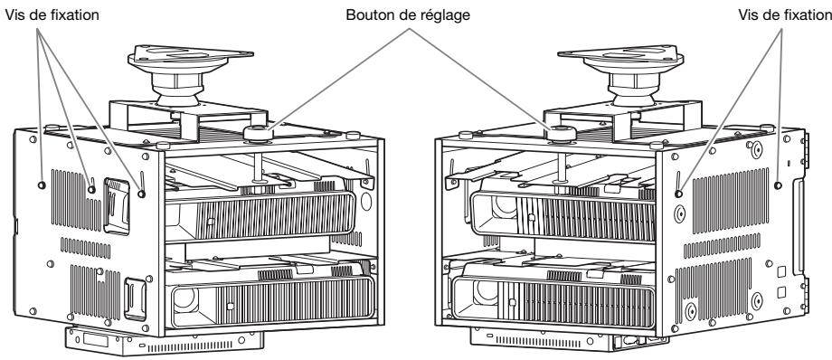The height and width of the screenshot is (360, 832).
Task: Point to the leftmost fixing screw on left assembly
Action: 43,185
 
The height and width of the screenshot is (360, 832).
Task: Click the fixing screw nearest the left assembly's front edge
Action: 142,190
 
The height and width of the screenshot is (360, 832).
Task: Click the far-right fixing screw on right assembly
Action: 779,185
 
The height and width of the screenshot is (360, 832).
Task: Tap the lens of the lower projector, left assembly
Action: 192,299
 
